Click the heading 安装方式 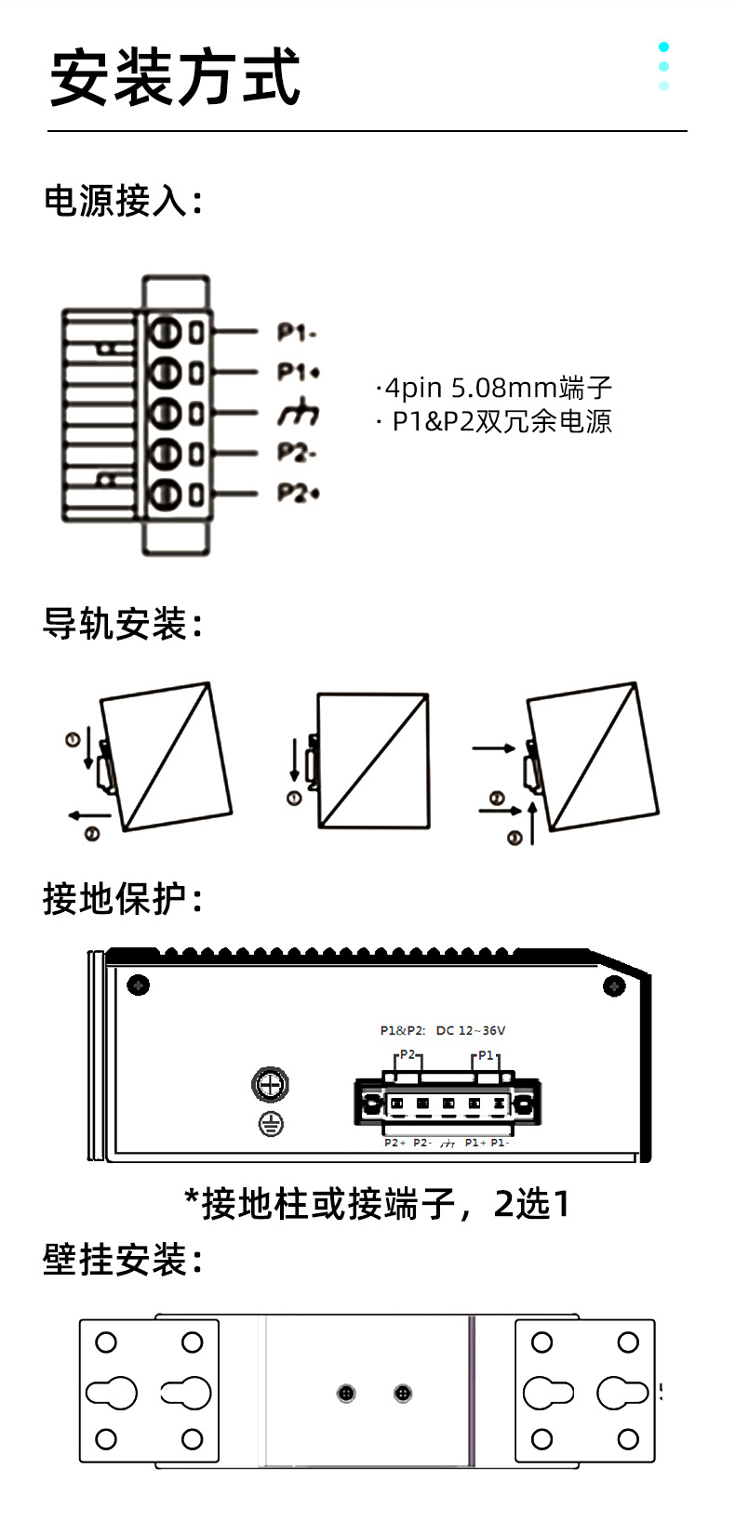pyautogui.click(x=175, y=78)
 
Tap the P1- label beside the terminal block pyautogui.click(x=297, y=332)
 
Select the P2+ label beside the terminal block pyautogui.click(x=298, y=492)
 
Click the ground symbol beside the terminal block pyautogui.click(x=298, y=414)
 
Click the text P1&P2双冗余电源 pyautogui.click(x=497, y=421)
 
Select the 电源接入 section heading pyautogui.click(x=123, y=201)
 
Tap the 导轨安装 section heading pyautogui.click(x=123, y=624)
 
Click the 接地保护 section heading pyautogui.click(x=123, y=899)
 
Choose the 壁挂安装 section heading pyautogui.click(x=123, y=1261)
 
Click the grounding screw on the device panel pyautogui.click(x=271, y=1084)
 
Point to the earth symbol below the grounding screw pyautogui.click(x=271, y=1125)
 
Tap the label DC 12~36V pyautogui.click(x=470, y=1030)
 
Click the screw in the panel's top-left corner pyautogui.click(x=139, y=985)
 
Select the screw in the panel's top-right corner pyautogui.click(x=614, y=985)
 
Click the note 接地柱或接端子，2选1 pyautogui.click(x=377, y=1204)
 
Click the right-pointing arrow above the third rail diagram pyautogui.click(x=493, y=747)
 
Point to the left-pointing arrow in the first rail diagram pyautogui.click(x=88, y=815)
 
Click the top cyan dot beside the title pyautogui.click(x=663, y=46)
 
